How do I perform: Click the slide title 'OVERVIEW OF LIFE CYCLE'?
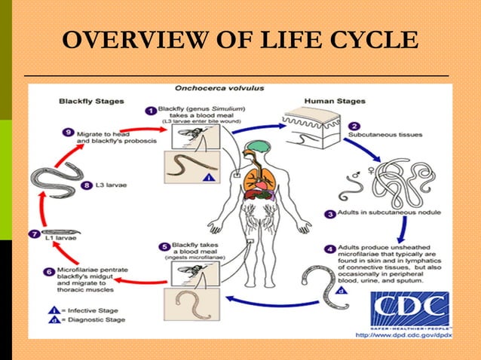240,40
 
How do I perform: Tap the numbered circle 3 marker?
330,213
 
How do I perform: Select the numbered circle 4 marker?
330,249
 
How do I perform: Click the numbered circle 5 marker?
165,246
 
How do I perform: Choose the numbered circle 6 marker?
49,271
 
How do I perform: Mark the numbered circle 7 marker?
33,234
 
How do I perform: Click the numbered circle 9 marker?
69,133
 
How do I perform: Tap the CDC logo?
410,309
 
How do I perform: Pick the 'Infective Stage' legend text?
80,310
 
